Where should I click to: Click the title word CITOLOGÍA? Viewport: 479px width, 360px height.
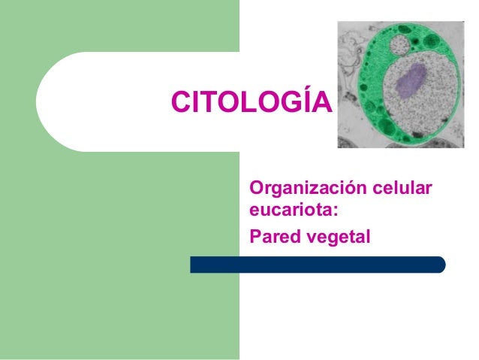[x=252, y=101]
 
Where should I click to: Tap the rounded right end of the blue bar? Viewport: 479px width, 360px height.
[x=441, y=265]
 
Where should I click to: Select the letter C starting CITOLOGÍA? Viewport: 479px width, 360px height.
[x=181, y=101]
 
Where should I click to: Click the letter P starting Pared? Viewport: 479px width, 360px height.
[x=254, y=237]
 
